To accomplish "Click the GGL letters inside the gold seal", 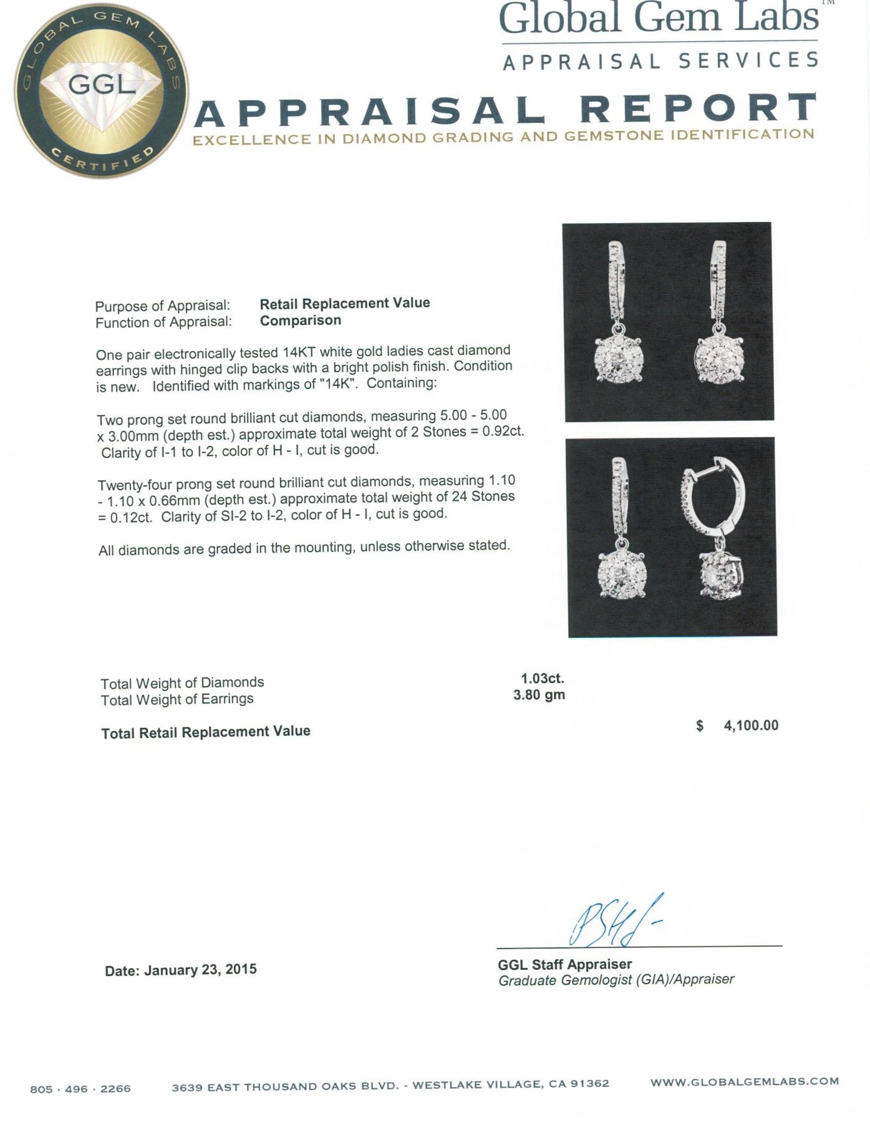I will click(x=102, y=84).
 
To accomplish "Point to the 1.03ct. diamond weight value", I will click(x=542, y=678).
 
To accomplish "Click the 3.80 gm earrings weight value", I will click(x=539, y=695).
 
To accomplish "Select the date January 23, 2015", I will click(x=200, y=970).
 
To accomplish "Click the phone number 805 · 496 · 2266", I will click(x=80, y=1089).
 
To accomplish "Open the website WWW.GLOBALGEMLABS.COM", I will click(x=745, y=1081).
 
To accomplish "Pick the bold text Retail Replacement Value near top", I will click(x=345, y=303).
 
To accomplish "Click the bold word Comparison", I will click(x=300, y=320).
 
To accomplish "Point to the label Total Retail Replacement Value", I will click(x=206, y=732).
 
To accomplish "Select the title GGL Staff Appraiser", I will click(x=564, y=964).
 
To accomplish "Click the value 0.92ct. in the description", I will click(x=503, y=432).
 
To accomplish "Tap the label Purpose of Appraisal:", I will click(x=162, y=306).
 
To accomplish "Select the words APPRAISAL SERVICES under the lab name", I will click(x=660, y=61).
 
